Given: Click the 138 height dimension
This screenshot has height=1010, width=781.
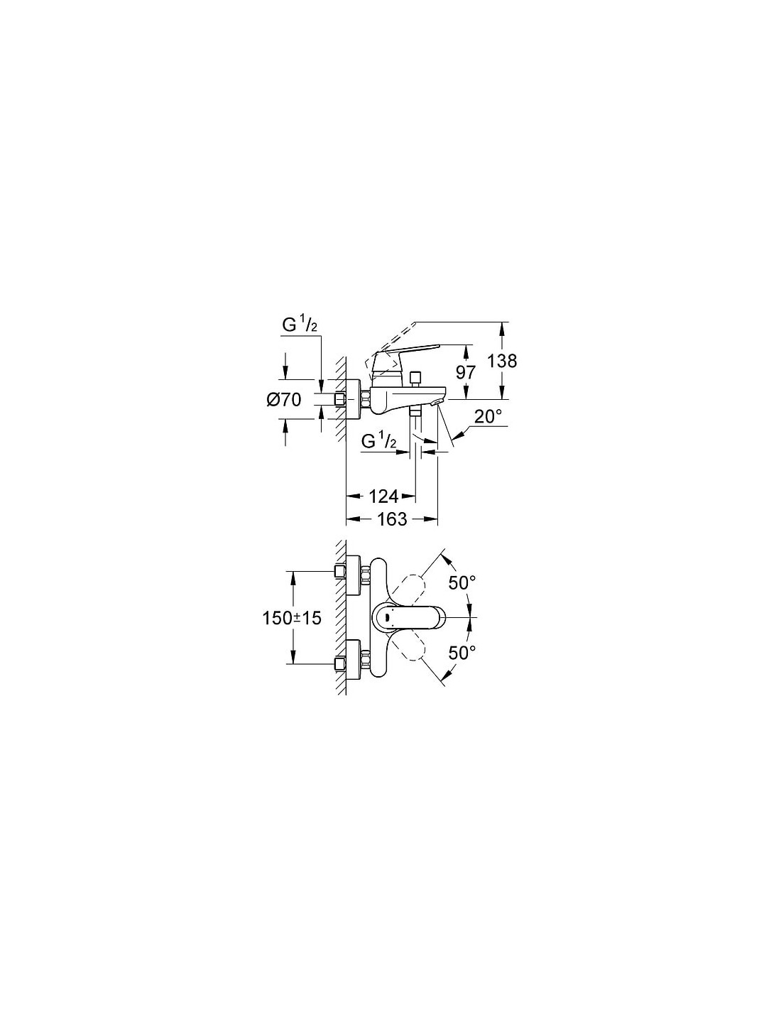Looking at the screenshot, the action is [502, 361].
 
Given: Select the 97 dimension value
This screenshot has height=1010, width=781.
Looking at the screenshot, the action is [465, 373].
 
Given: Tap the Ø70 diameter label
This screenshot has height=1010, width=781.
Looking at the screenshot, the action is [284, 399].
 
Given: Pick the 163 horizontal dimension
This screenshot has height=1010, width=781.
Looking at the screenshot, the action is [392, 519].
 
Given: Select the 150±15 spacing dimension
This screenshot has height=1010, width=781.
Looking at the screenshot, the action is [292, 618].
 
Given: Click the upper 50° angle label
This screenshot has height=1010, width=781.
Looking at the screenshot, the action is [462, 583].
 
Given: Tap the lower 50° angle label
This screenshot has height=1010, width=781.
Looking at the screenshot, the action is [462, 653].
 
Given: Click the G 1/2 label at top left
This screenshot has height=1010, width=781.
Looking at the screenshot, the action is [300, 325].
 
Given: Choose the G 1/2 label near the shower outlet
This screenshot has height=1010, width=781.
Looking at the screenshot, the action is [378, 442].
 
